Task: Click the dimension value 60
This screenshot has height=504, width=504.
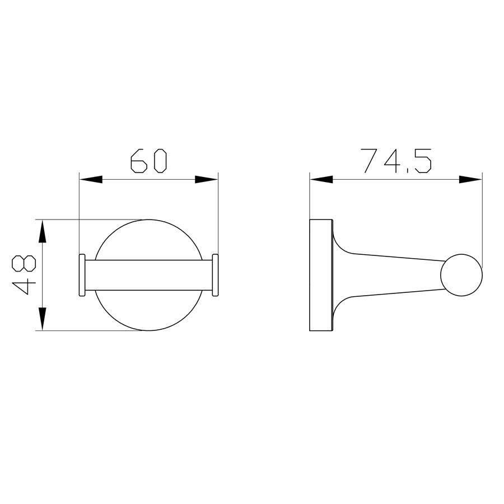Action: (149, 161)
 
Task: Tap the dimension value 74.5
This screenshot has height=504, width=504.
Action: (396, 161)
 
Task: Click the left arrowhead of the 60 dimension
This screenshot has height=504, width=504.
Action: (91, 179)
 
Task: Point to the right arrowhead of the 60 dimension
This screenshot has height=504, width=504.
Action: (206, 179)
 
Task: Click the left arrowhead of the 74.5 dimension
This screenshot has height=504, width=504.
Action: (321, 179)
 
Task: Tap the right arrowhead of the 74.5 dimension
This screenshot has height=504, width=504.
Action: (470, 179)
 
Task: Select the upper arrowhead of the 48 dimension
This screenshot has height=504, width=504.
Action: (43, 231)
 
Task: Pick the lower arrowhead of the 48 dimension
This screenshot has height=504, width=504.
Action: (43, 319)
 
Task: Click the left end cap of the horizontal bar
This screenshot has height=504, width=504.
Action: (82, 275)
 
